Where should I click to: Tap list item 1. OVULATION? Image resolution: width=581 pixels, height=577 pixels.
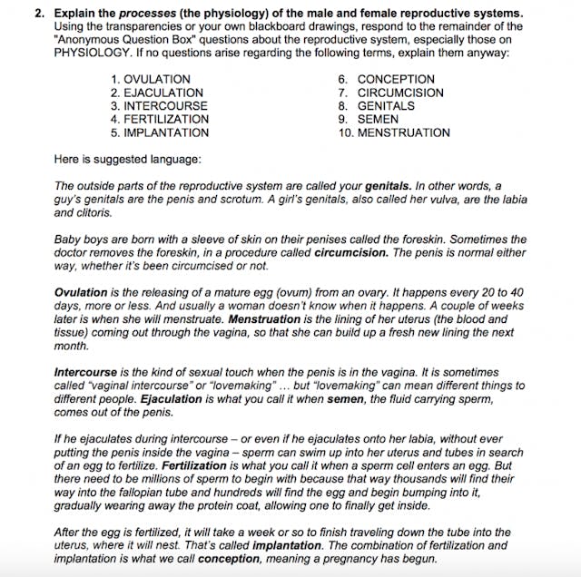tap(150, 80)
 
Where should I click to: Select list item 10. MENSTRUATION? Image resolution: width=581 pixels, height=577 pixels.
tap(393, 132)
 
